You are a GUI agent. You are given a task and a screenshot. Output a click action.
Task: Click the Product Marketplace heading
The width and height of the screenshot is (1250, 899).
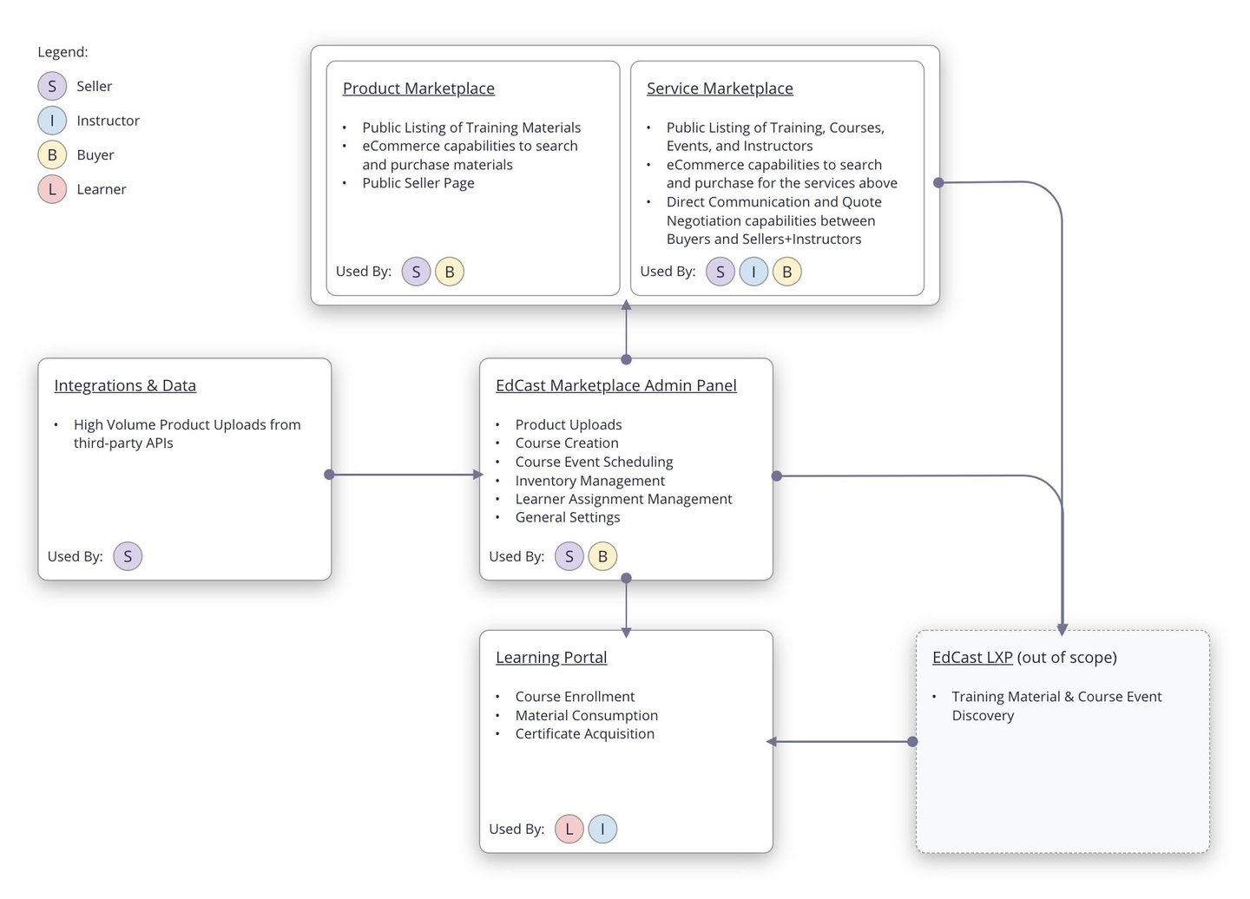418,89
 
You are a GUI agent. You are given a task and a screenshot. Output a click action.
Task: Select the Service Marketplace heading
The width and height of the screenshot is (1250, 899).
720,89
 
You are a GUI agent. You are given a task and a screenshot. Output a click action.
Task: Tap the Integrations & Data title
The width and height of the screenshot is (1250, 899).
125,385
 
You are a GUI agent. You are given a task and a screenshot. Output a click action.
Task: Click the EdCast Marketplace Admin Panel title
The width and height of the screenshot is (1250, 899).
615,385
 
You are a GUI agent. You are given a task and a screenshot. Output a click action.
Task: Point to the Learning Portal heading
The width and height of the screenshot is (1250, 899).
551,658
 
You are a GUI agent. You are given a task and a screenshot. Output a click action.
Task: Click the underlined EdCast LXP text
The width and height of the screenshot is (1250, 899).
972,658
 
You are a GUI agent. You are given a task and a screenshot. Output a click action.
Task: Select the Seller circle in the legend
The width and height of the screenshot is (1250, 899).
52,86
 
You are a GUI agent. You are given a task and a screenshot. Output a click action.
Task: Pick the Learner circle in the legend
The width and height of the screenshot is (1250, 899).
52,189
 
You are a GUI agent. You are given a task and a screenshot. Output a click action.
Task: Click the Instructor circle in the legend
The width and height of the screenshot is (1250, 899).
52,121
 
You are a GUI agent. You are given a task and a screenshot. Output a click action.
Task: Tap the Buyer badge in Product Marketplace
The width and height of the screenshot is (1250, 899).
450,272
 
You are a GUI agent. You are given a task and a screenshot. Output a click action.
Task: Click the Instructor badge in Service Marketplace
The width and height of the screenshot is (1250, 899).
753,272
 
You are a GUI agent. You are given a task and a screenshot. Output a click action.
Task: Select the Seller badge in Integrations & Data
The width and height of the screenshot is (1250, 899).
128,556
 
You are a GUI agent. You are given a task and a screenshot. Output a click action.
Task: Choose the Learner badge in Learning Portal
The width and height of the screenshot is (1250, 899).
569,829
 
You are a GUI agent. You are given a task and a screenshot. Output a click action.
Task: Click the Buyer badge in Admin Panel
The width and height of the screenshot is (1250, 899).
602,556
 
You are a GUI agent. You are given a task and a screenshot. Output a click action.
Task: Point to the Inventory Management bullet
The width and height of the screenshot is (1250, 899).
589,481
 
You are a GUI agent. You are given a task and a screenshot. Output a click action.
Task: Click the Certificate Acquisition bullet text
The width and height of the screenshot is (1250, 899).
584,734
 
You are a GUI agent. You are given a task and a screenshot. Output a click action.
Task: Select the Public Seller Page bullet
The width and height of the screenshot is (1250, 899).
418,183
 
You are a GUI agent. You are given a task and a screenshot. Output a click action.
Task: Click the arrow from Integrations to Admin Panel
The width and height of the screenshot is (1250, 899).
405,475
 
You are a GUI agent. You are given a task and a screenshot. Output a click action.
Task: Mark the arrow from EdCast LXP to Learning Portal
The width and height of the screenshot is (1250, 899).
840,742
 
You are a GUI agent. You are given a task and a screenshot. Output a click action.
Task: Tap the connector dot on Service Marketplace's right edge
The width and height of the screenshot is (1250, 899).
938,182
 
